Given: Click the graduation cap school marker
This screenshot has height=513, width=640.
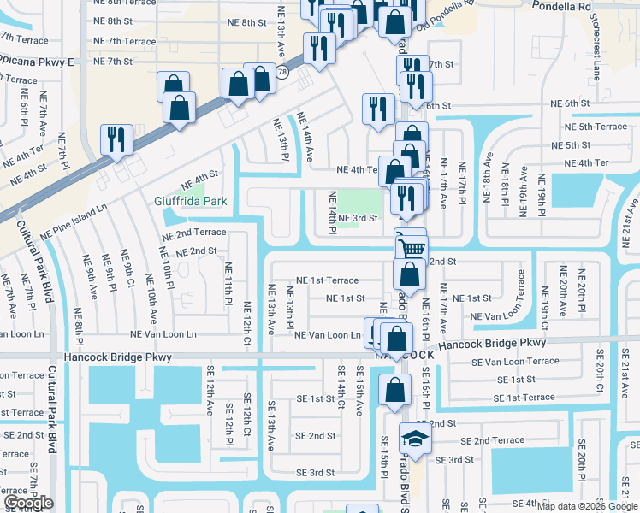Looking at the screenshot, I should (415, 439).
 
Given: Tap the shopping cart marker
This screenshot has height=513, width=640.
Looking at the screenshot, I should (412, 248).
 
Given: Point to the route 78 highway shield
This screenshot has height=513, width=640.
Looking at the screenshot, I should (281, 73).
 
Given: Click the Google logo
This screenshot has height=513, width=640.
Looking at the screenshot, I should (28, 503).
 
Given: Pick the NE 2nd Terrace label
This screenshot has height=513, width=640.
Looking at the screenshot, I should (193, 233).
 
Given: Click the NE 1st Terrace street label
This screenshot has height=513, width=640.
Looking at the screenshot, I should (327, 280).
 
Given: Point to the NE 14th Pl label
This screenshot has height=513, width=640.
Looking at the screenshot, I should (331, 214).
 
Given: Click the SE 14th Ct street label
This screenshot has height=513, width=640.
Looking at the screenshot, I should (341, 387).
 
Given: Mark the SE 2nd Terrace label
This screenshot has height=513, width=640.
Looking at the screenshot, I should (492, 440).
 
